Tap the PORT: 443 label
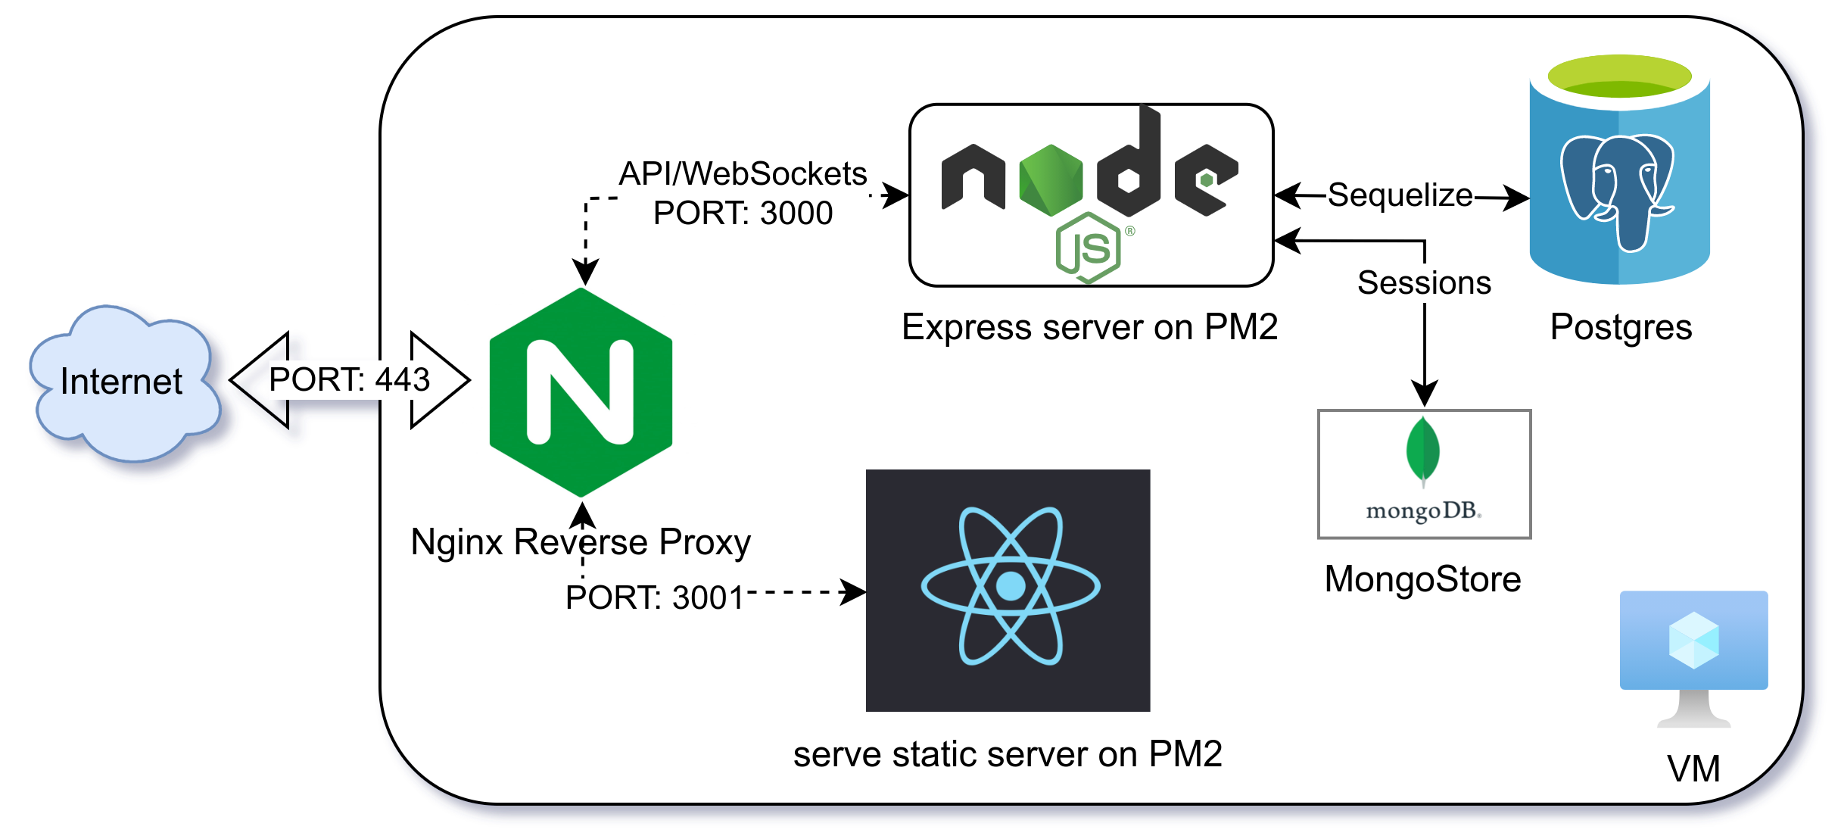pos(350,379)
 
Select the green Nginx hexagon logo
pos(581,392)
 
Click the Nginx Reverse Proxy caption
pos(581,542)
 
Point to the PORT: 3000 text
pos(743,213)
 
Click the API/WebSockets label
pos(743,173)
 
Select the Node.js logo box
pos(1091,195)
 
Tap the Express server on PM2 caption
pos(1090,327)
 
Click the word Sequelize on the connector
pos(1400,195)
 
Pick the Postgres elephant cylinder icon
pos(1620,169)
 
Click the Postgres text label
pos(1621,328)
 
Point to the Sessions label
pos(1424,282)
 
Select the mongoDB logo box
pos(1424,474)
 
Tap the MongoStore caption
pos(1422,579)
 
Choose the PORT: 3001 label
pos(655,597)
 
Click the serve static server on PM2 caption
pos(1008,754)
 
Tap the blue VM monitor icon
pos(1693,657)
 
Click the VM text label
pos(1693,769)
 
